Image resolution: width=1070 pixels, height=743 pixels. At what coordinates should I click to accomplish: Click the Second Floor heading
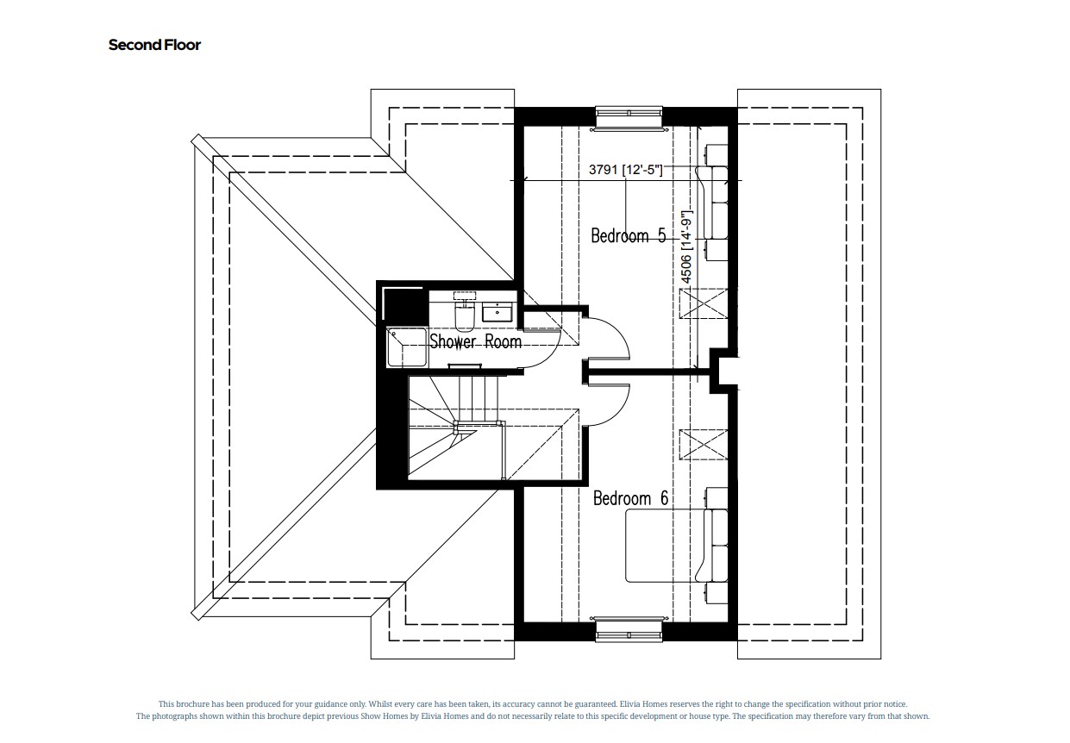tap(154, 45)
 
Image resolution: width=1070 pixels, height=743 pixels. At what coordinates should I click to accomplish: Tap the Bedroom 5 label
tap(628, 235)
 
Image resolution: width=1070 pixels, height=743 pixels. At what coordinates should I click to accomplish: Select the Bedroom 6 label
tap(630, 498)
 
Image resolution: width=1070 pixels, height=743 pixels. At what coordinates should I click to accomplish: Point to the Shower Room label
tap(476, 341)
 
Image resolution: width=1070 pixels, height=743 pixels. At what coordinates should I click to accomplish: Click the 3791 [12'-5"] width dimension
tap(625, 171)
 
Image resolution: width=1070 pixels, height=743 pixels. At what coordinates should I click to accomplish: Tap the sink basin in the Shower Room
tap(498, 312)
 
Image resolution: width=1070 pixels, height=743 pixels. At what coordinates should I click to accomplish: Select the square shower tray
tap(406, 347)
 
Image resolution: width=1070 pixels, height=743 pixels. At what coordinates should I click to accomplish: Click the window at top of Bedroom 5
tap(629, 116)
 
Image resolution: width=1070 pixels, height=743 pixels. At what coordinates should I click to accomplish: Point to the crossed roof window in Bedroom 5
tap(704, 303)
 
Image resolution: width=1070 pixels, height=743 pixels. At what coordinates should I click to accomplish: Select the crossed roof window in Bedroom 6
tap(704, 445)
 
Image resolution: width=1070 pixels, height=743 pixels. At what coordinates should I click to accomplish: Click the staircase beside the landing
tap(453, 427)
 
